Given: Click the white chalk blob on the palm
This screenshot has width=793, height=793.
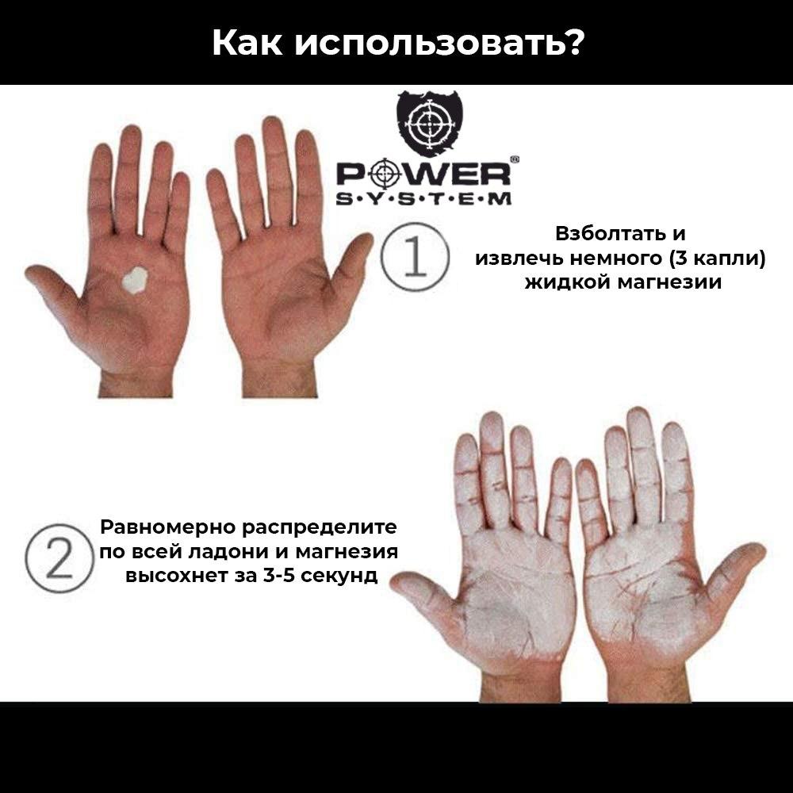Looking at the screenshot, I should click(x=132, y=279).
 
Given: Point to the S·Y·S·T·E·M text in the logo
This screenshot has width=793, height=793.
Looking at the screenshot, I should click(x=424, y=198).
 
